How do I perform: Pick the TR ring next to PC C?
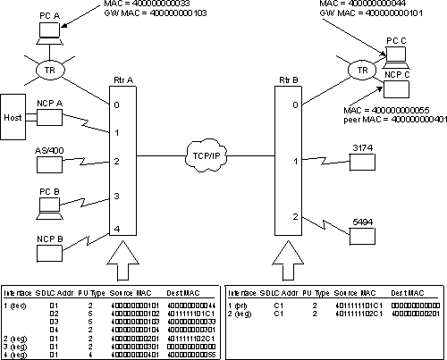361,71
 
